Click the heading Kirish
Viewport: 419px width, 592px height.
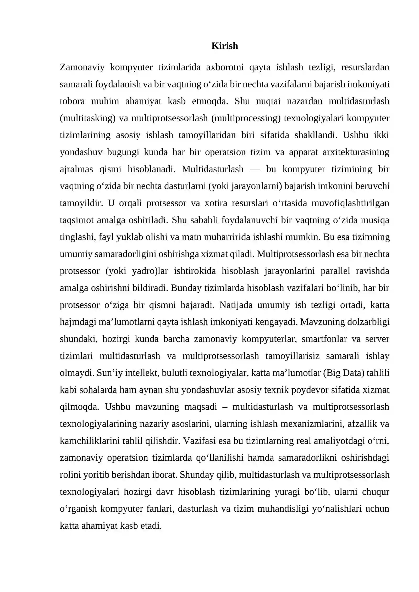pyautogui.click(x=224, y=46)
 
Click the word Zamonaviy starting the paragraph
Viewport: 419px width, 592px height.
pyautogui.click(x=82, y=67)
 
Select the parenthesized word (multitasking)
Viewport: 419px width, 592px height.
pyautogui.click(x=87, y=118)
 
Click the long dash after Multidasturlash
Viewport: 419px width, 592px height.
pyautogui.click(x=255, y=169)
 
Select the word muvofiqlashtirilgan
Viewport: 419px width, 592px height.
pyautogui.click(x=350, y=203)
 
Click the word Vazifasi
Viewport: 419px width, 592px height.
pyautogui.click(x=199, y=441)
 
